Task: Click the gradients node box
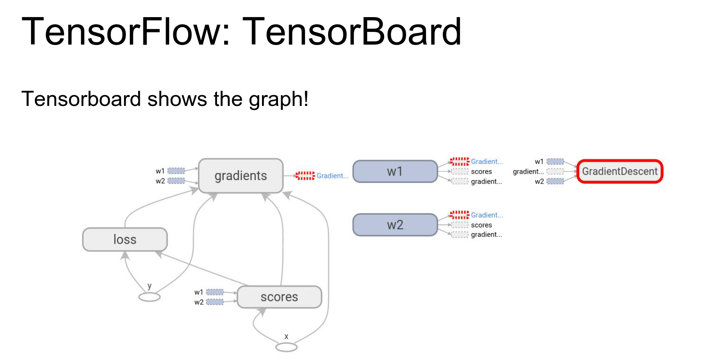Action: click(241, 176)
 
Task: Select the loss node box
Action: click(125, 239)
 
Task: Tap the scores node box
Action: click(279, 297)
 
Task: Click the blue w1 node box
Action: click(395, 172)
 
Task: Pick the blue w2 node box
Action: click(395, 225)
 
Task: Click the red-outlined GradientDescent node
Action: click(620, 172)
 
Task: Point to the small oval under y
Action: click(149, 297)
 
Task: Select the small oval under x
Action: click(286, 348)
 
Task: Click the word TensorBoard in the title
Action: click(352, 31)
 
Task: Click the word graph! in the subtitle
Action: click(278, 99)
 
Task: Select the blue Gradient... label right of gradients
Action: click(332, 176)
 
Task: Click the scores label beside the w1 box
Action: click(481, 172)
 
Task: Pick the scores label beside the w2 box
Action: click(481, 225)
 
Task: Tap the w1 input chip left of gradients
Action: click(176, 171)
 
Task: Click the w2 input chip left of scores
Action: click(215, 302)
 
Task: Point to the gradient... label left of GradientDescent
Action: click(528, 172)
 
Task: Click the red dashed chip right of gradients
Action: click(305, 176)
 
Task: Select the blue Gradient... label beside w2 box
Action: click(487, 215)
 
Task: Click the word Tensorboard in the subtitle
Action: click(81, 99)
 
